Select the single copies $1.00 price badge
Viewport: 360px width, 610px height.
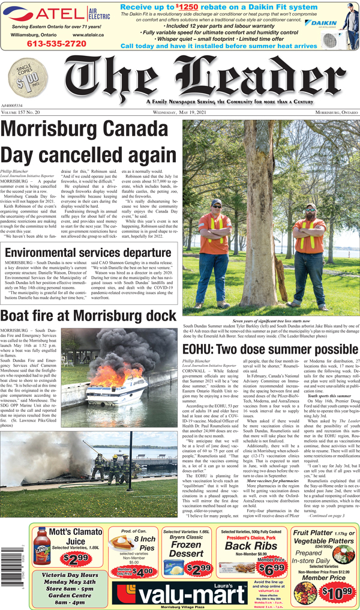click(32, 78)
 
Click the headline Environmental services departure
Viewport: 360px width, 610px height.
click(87, 252)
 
